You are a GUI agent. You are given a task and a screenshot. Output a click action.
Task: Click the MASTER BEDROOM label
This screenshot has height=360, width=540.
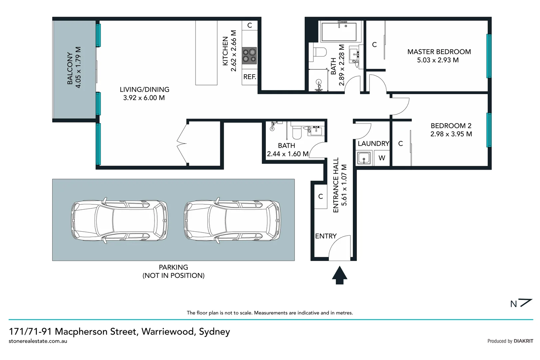pos(439,52)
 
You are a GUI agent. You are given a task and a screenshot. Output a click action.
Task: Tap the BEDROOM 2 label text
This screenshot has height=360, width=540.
pos(451,126)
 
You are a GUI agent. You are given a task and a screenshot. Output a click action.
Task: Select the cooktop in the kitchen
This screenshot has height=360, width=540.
pos(250,56)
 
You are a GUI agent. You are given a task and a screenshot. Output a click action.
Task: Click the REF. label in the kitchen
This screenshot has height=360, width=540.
pos(250,77)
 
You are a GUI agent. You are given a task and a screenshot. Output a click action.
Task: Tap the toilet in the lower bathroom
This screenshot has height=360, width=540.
pos(296,132)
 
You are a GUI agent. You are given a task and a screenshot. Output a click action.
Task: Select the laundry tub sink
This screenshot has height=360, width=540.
pos(364,158)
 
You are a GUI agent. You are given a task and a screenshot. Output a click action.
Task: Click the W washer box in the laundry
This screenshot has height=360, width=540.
pos(382,158)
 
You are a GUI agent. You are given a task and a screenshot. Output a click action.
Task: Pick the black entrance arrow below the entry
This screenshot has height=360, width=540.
pos(339,275)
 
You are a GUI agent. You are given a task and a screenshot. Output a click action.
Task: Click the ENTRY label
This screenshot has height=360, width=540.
pos(326,236)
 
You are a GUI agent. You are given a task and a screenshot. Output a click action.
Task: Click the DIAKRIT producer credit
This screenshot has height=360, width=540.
pos(523,341)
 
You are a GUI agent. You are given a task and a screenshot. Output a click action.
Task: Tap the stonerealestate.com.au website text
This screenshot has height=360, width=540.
pos(38,341)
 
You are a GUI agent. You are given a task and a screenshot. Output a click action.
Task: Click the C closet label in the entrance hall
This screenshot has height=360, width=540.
pos(320,197)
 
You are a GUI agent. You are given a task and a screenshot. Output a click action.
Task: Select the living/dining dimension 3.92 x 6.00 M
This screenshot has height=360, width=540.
pos(144,98)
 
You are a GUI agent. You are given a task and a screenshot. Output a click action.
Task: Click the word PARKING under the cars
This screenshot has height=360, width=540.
pos(173,267)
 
